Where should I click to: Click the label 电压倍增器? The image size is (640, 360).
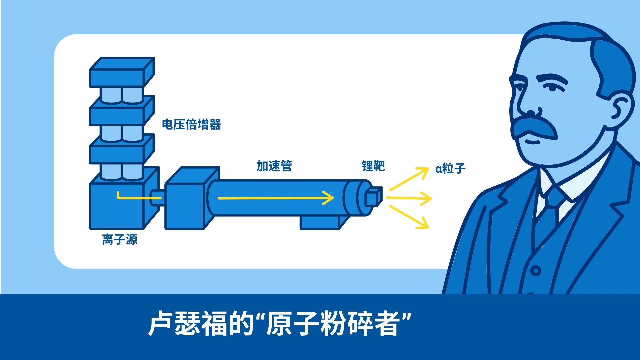point(191,124)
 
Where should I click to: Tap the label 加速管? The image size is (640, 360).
point(274,166)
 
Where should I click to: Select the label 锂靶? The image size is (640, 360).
point(373,166)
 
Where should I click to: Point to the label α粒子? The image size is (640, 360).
point(450,168)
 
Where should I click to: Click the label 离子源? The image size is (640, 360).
point(120,239)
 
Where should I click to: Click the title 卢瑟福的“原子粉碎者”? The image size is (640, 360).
point(279,323)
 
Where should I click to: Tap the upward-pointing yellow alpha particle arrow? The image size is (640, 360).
point(409,179)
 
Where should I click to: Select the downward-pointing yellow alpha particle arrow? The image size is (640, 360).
point(409,217)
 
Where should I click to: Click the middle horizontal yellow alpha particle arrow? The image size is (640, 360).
point(409,198)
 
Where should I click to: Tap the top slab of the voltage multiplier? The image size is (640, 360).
point(122,72)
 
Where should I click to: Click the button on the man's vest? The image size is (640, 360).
point(536,270)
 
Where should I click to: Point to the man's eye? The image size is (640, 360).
point(552,87)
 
